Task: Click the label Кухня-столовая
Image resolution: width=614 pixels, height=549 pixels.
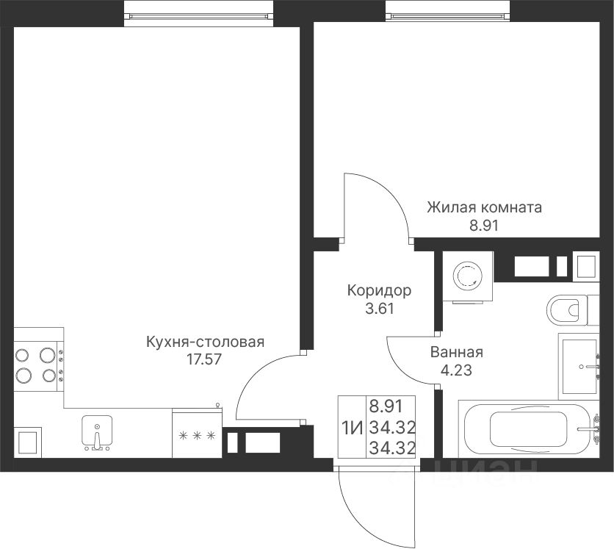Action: pos(205,342)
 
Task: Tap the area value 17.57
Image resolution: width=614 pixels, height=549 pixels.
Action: pos(203,359)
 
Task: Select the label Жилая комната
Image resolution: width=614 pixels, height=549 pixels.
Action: pos(485,207)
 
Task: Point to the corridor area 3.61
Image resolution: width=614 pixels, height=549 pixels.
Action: pos(380,309)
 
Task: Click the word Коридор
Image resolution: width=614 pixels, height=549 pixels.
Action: pos(380,291)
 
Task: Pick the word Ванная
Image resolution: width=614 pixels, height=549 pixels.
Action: pos(457,352)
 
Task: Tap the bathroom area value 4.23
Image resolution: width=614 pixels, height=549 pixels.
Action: pos(457,370)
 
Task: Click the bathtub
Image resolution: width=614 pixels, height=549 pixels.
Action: pos(528,429)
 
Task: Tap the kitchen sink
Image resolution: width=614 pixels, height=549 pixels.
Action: pos(97,433)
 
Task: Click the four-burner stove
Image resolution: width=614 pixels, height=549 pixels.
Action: pos(39,365)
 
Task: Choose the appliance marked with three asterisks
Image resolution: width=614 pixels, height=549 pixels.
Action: pos(197,434)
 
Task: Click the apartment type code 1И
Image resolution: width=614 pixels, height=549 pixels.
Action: pos(353,428)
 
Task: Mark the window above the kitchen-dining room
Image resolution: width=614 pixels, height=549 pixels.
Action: pos(199,15)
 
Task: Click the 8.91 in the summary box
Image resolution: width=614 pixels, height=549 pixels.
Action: pos(386,406)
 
